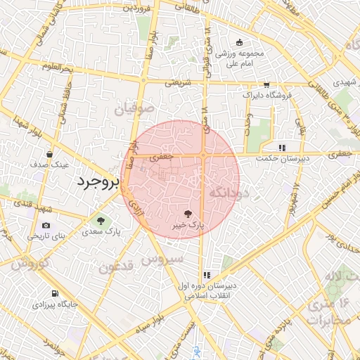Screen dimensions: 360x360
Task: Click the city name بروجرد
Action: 99,182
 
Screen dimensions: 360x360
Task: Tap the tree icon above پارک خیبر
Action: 188,212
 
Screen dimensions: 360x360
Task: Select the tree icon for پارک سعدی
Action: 103,219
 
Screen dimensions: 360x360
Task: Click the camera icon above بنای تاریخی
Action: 46,225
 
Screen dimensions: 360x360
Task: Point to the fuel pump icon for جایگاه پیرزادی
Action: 54,294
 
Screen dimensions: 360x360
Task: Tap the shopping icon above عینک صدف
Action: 49,153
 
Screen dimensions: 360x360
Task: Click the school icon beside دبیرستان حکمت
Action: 282,148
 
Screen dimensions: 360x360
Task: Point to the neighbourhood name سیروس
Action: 162,259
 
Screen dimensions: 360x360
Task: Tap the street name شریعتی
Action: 179,82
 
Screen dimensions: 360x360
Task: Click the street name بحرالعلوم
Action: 58,67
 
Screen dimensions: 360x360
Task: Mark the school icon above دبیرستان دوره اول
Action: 207,276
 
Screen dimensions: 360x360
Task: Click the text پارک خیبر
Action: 188,226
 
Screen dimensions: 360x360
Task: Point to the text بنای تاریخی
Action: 46,236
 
